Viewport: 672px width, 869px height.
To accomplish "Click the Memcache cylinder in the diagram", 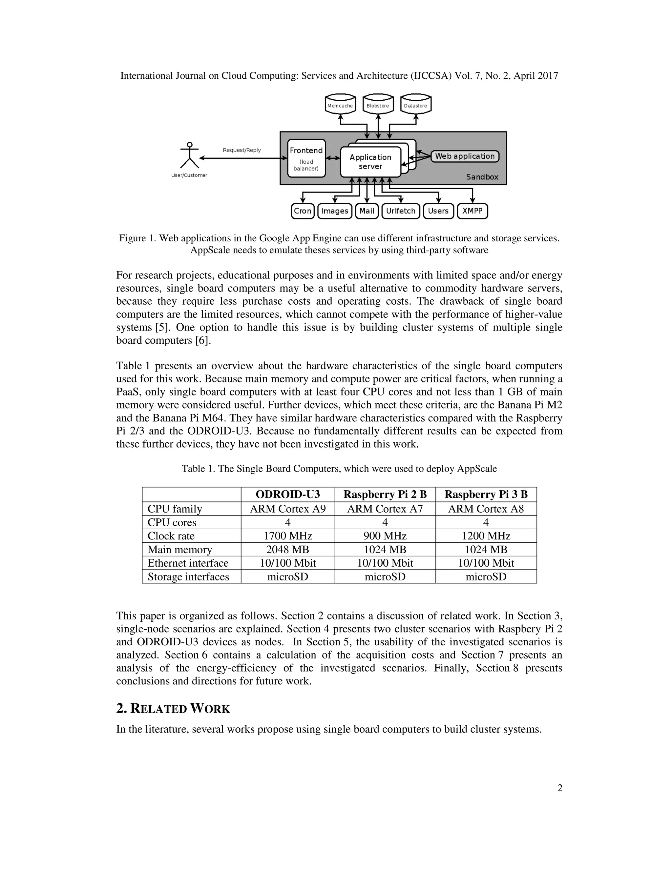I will tap(340, 104).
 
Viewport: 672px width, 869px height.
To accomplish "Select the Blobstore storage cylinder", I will tap(378, 104).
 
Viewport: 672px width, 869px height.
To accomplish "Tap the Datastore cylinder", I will tap(416, 104).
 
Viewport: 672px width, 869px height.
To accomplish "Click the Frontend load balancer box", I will tap(306, 158).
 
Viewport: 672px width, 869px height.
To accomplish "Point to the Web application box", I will tap(465, 156).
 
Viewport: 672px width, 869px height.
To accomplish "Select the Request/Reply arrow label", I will tap(241, 150).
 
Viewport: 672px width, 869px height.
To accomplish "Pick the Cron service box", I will tap(303, 211).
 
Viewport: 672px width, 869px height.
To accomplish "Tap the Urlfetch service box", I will tap(401, 211).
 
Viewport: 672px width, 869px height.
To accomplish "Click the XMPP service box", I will tap(472, 211).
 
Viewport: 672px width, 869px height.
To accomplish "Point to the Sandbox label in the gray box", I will tap(482, 177).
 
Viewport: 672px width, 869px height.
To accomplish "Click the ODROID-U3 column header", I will tap(287, 494).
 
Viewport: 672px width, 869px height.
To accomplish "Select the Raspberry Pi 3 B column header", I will tap(486, 494).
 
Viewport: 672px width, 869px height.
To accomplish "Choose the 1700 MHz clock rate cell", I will tap(287, 536).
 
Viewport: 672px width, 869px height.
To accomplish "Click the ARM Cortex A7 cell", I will tap(385, 509).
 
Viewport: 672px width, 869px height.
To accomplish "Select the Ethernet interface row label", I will tap(188, 563).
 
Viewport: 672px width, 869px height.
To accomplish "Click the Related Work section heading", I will tap(173, 709).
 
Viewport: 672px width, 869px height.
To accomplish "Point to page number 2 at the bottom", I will tap(560, 788).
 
